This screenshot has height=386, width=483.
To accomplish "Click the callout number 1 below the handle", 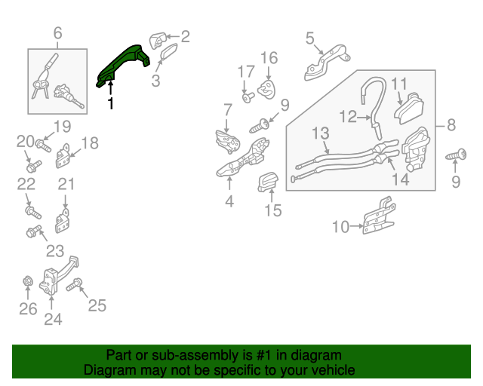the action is [x=111, y=103].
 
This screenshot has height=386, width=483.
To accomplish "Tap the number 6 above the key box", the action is [x=57, y=33].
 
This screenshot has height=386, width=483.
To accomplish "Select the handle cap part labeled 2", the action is [x=158, y=40].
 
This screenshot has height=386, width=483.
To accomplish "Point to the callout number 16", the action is [x=269, y=58].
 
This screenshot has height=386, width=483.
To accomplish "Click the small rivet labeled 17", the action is [x=248, y=97].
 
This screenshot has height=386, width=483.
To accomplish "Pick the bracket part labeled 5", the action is [x=327, y=63].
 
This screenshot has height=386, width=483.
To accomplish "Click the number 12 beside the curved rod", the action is [x=348, y=117].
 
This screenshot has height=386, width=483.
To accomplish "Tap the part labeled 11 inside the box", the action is [x=409, y=109].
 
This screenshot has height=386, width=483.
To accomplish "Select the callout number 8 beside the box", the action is [x=451, y=125].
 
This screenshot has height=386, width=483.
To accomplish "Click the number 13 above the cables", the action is [x=321, y=133].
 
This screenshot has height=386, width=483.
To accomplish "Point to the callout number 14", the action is [x=401, y=179].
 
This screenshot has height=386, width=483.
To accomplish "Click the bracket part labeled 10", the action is [x=379, y=216].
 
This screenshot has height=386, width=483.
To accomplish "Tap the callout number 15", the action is [x=273, y=210].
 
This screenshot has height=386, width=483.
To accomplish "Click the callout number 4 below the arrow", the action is [x=229, y=201].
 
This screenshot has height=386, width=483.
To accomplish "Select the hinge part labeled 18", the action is [x=63, y=156].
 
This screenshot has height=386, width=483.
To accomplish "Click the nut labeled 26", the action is [x=28, y=280].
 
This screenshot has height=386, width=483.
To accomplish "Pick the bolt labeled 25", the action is [x=74, y=284].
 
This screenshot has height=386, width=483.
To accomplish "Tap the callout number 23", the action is [x=55, y=250].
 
